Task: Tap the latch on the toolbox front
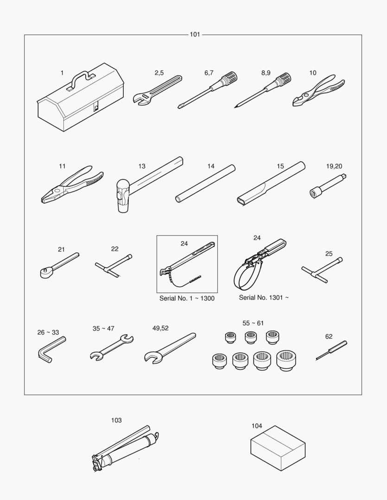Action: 96,108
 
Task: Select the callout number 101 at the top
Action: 195,34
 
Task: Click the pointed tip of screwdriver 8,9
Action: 235,107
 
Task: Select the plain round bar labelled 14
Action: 205,183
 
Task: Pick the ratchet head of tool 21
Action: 46,273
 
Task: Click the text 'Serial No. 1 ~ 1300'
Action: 187,299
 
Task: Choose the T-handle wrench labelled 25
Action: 323,270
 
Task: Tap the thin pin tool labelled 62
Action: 331,350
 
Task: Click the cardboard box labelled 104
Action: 278,448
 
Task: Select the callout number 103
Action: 116,420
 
